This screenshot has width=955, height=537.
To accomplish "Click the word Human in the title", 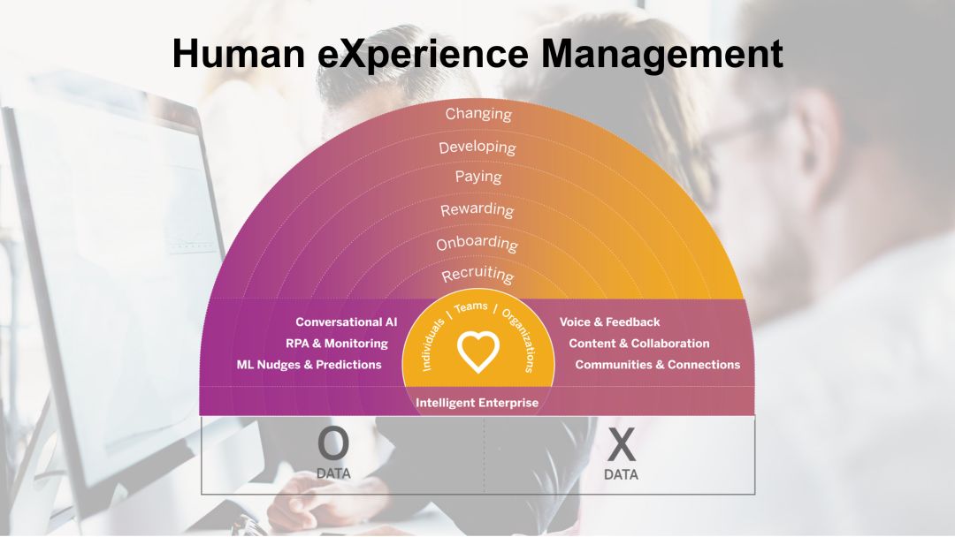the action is (239, 53).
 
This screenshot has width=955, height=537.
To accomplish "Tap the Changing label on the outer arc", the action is (478, 114).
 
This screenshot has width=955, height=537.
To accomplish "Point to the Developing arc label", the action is (477, 147).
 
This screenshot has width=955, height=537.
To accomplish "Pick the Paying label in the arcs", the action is (478, 177).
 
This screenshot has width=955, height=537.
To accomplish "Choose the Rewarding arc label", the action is (477, 210).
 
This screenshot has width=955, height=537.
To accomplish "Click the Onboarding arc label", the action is (477, 243).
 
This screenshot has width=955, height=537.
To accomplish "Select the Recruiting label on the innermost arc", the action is (478, 275).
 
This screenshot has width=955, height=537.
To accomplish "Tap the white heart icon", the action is (478, 352).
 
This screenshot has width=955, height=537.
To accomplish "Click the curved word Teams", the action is (470, 307).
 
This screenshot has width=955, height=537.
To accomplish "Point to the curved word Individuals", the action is (433, 344).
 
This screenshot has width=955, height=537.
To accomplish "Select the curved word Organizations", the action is (520, 340).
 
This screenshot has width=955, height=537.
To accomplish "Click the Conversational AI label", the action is (346, 321).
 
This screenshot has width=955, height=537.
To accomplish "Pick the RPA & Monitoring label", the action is (337, 344).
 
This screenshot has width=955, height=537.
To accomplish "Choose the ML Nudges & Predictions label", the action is (309, 365).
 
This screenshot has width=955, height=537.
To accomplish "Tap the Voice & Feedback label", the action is (609, 321).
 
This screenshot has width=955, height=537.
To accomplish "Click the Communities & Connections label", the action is (658, 365).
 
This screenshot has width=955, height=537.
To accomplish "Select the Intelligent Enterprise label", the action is (477, 403).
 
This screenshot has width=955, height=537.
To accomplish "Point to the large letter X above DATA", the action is (622, 444).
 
